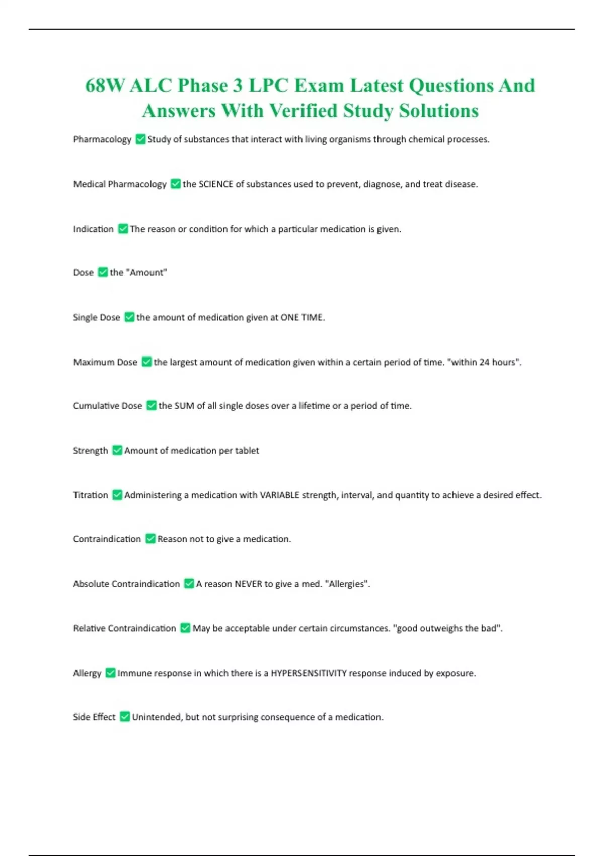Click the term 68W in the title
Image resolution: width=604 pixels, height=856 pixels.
click(x=104, y=85)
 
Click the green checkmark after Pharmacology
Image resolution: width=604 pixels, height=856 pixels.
click(x=141, y=139)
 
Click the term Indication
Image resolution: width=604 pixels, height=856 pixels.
click(x=93, y=229)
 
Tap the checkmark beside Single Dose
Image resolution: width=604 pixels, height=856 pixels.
click(x=129, y=317)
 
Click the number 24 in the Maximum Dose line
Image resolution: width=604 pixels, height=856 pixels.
click(x=484, y=362)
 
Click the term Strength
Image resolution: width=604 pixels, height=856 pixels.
click(x=91, y=451)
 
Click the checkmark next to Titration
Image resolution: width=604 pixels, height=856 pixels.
click(x=117, y=495)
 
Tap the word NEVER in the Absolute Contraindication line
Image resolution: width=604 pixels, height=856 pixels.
click(x=248, y=584)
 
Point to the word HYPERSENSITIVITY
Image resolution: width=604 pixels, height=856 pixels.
click(x=309, y=673)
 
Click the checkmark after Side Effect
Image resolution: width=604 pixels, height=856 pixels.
click(x=125, y=717)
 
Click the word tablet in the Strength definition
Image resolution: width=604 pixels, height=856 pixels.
click(x=247, y=451)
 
